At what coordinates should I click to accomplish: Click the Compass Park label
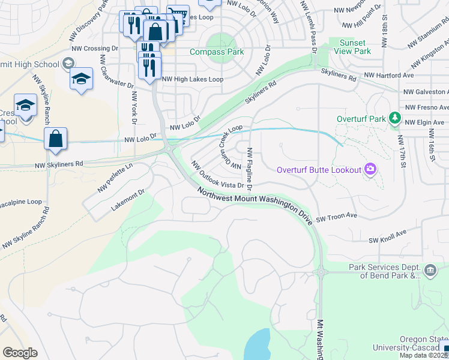[217, 52]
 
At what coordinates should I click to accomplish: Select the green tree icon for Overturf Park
[395, 118]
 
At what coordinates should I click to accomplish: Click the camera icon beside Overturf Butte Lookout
[371, 170]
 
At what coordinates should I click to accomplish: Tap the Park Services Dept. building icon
[430, 271]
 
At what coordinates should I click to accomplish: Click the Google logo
[20, 353]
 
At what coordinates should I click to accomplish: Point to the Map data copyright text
[424, 355]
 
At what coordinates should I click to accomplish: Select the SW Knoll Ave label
[388, 236]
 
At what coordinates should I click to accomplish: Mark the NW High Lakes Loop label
[193, 79]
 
